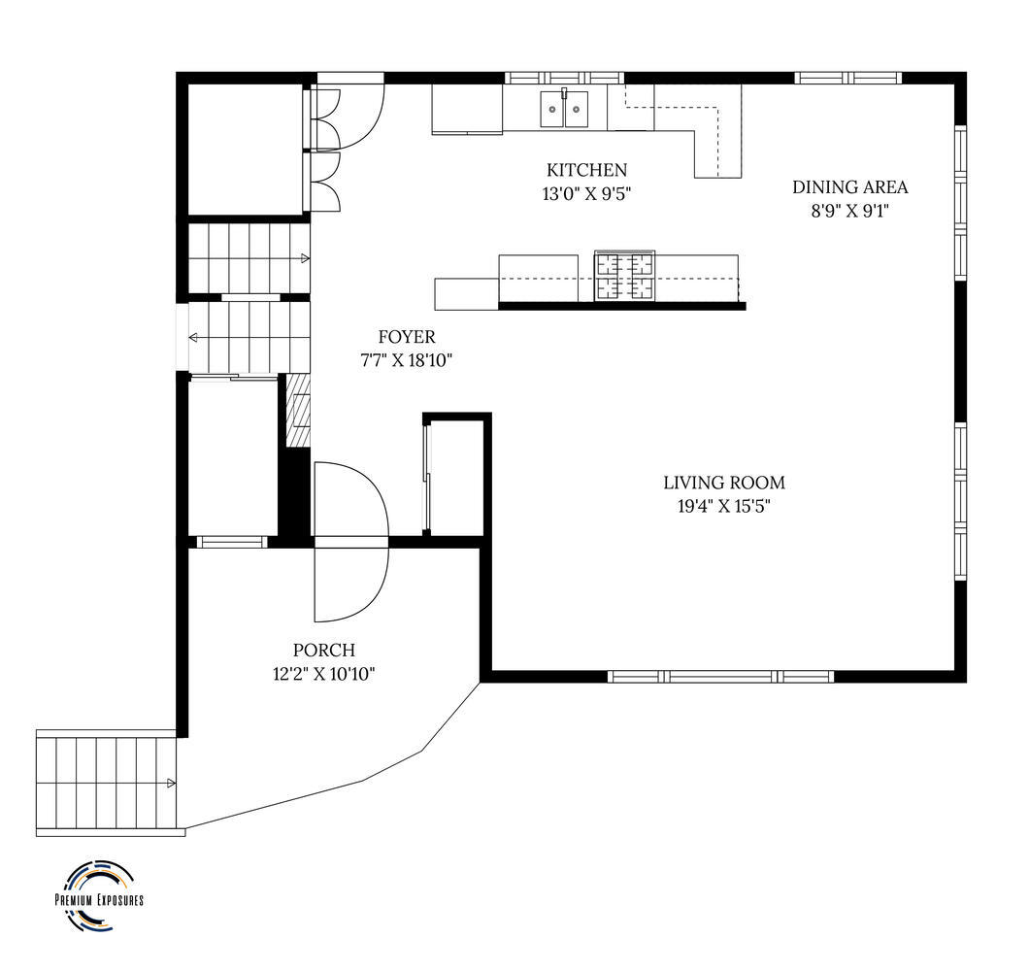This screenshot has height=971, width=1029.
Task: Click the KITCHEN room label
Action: point(586,170)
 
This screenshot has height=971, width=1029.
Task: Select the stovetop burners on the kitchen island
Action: point(624,276)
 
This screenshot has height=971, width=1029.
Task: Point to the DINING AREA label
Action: point(850,187)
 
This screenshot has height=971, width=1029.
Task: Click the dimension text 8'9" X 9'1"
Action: point(850,210)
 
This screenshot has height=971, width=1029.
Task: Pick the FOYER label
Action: point(407,337)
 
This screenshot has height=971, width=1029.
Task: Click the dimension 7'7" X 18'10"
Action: point(407,360)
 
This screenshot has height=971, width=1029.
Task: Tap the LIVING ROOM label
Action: point(724,483)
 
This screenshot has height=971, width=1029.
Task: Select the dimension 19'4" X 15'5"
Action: point(724,506)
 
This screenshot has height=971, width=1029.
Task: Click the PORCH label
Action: point(324,651)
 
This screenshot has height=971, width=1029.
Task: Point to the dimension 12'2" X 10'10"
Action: point(324,673)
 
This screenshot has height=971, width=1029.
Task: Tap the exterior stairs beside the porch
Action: point(108,783)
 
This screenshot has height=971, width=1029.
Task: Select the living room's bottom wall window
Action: point(721,676)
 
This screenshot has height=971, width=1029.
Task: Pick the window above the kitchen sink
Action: point(564,78)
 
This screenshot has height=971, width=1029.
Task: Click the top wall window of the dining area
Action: point(848,78)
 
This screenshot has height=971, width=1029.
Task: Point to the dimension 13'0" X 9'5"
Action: point(586,193)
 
